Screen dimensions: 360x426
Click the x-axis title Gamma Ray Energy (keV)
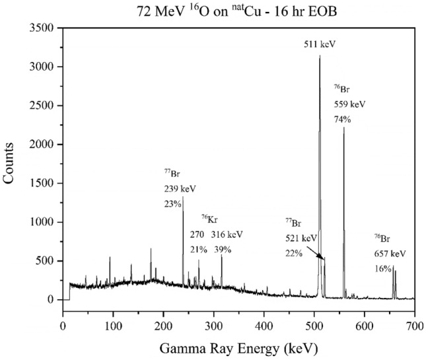click(x=238, y=347)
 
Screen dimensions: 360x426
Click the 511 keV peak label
click(x=320, y=44)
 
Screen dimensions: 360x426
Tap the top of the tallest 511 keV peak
click(x=320, y=56)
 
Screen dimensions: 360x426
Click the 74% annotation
click(x=341, y=120)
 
